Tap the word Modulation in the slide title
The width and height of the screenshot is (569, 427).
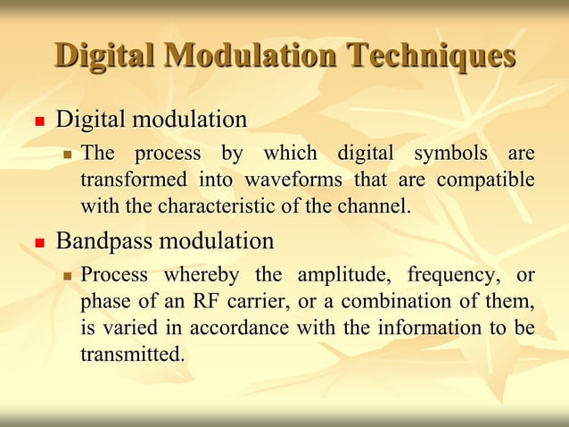pos(247,55)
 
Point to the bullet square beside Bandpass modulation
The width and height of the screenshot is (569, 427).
pos(39,243)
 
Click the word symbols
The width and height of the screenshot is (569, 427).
pos(447,154)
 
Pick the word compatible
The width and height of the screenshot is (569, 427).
pos(486,180)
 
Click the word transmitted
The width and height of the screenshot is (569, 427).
pos(132,354)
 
